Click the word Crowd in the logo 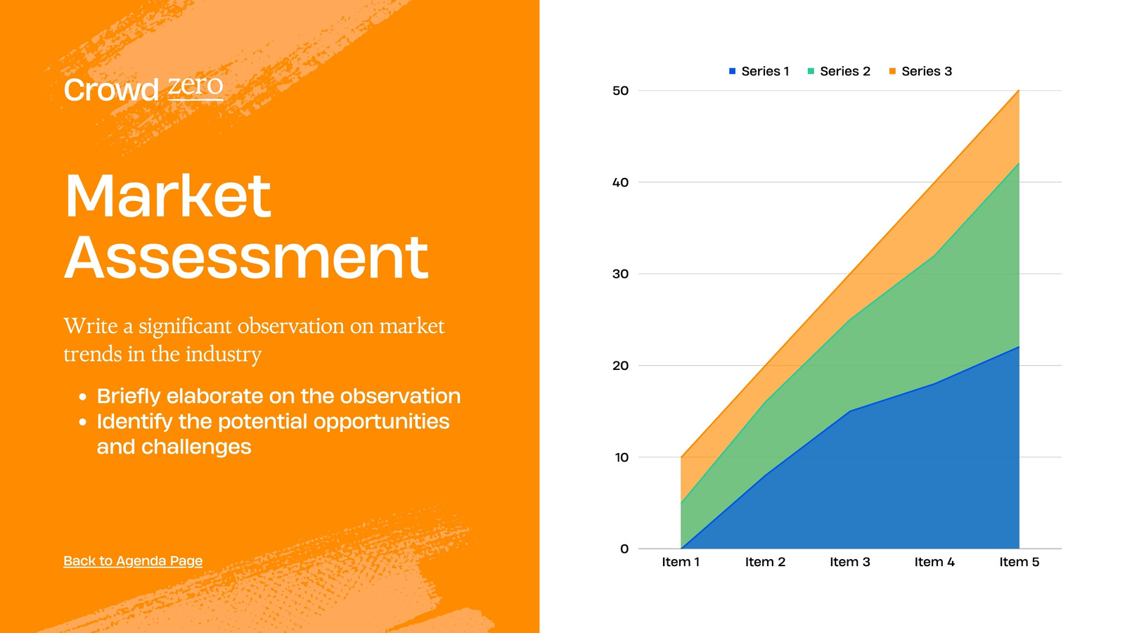coord(111,90)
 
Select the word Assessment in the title coord(246,257)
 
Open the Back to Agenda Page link coord(133,561)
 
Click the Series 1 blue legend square coord(732,71)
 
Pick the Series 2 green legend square coord(811,71)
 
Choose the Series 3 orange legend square coord(892,71)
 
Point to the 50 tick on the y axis coord(620,91)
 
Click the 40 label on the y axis coord(620,182)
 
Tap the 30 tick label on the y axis coord(620,274)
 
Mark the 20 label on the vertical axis coord(620,366)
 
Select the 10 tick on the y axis coord(622,457)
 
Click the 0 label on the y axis coord(624,549)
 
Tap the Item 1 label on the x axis coord(681,562)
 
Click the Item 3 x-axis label coord(850,562)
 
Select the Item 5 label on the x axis coord(1019,562)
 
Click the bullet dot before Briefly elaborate coord(83,397)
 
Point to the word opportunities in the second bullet coord(381,422)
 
